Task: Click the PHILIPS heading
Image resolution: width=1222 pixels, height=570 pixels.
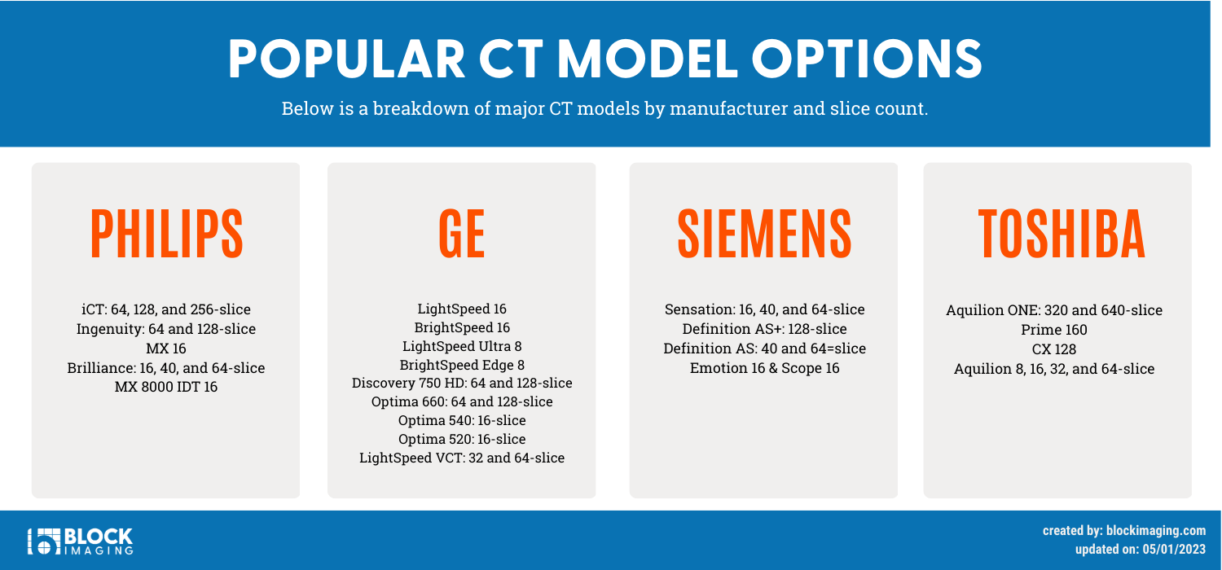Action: click(x=166, y=234)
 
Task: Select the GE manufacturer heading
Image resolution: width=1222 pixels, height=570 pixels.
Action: click(x=462, y=234)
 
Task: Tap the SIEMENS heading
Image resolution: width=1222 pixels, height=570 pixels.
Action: click(x=764, y=234)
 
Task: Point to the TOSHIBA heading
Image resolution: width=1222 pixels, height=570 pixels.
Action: click(x=1061, y=234)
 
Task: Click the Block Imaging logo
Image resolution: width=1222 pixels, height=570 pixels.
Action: click(x=80, y=541)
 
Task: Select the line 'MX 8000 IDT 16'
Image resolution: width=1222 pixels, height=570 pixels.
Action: click(x=166, y=387)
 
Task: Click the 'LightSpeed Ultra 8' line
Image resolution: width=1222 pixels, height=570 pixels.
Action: click(x=462, y=346)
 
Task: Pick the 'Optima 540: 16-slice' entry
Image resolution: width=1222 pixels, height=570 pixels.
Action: click(x=462, y=420)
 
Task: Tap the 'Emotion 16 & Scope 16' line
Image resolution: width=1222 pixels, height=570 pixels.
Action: click(x=764, y=368)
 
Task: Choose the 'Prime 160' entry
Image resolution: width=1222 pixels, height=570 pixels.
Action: click(x=1053, y=330)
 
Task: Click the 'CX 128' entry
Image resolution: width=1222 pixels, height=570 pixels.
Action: click(x=1053, y=349)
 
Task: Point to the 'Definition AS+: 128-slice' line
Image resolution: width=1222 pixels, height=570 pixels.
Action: click(x=764, y=329)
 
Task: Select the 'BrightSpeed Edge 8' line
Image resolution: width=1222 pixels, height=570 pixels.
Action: click(x=462, y=365)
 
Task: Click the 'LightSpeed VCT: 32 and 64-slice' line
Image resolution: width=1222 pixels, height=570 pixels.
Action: click(x=462, y=458)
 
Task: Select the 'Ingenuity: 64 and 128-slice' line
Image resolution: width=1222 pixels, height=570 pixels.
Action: click(x=166, y=329)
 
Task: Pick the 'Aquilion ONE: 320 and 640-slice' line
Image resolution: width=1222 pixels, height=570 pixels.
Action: click(x=1053, y=310)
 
